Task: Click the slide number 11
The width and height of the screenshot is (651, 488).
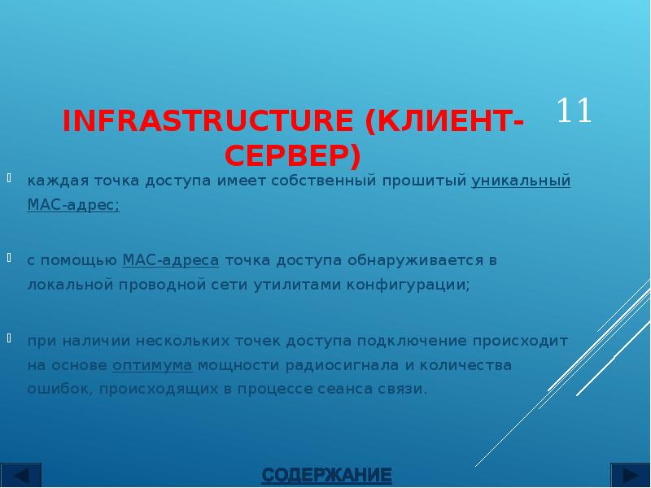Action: (x=575, y=111)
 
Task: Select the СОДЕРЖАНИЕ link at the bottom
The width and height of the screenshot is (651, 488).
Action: (x=326, y=474)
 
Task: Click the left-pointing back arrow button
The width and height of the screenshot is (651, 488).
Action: (x=23, y=475)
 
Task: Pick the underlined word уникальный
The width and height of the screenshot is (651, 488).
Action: (x=521, y=181)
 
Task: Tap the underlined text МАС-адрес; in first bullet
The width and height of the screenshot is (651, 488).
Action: (x=73, y=205)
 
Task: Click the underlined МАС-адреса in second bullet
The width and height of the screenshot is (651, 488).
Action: (x=170, y=260)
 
